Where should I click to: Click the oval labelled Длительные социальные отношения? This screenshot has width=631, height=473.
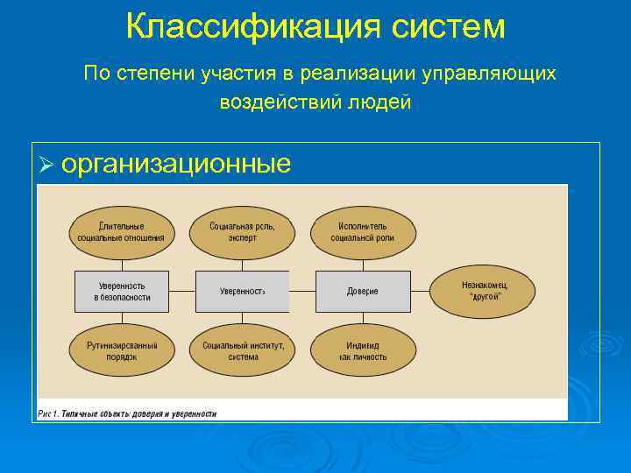pos(121,230)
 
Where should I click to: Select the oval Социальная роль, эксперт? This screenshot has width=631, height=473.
pos(242,230)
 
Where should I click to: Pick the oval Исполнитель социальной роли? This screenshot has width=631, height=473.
pos(362,230)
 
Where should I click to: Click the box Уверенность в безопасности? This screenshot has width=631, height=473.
pos(122,292)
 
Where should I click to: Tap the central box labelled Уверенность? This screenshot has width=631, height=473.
pos(242,292)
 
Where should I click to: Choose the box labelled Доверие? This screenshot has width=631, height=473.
pos(362,292)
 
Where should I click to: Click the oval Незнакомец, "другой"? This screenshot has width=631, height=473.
pos(483,291)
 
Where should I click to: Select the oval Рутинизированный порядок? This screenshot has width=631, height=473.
pos(121,350)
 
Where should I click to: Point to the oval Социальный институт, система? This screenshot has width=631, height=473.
pos(242,350)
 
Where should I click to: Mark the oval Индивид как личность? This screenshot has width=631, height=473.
pos(362,350)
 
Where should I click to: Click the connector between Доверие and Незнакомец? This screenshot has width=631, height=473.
pos(420,292)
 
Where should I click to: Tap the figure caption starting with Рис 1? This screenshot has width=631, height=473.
pos(127,413)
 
